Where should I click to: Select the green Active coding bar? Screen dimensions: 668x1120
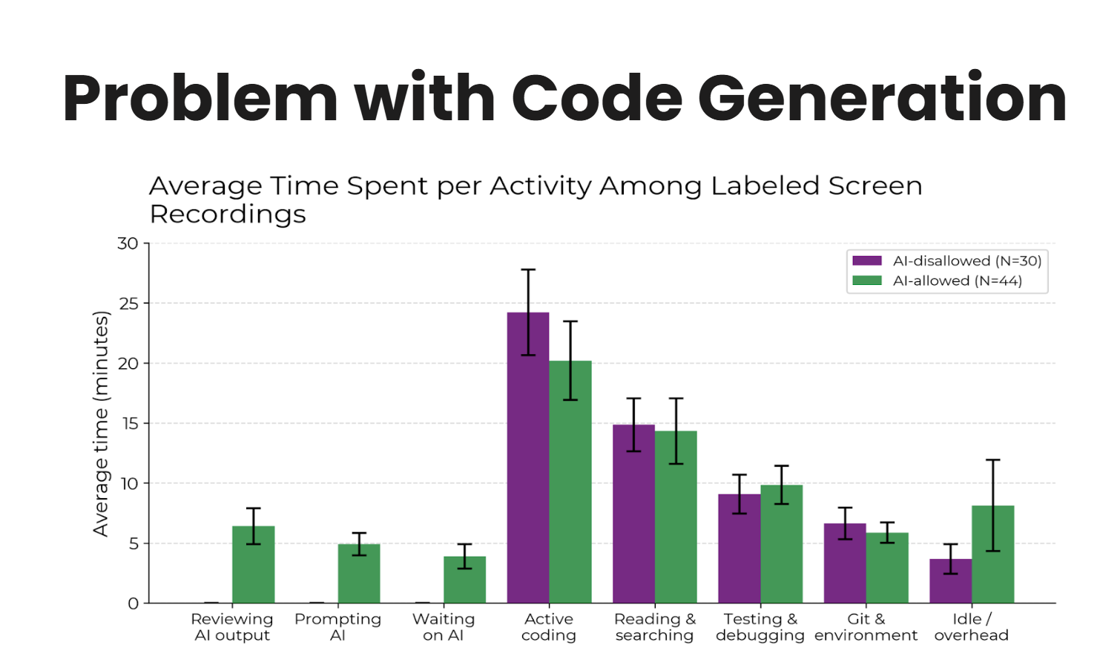pyautogui.click(x=570, y=482)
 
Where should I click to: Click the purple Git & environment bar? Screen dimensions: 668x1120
pyautogui.click(x=845, y=563)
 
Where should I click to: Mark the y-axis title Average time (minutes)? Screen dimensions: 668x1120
pyautogui.click(x=100, y=423)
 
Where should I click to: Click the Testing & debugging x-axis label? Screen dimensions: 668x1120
pyautogui.click(x=760, y=627)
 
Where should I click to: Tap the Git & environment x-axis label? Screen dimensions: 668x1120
pyautogui.click(x=866, y=627)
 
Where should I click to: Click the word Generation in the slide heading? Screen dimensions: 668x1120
pyautogui.click(x=882, y=98)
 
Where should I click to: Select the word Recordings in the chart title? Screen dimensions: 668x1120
pyautogui.click(x=228, y=214)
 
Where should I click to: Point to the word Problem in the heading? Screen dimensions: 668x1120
pyautogui.click(x=200, y=98)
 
